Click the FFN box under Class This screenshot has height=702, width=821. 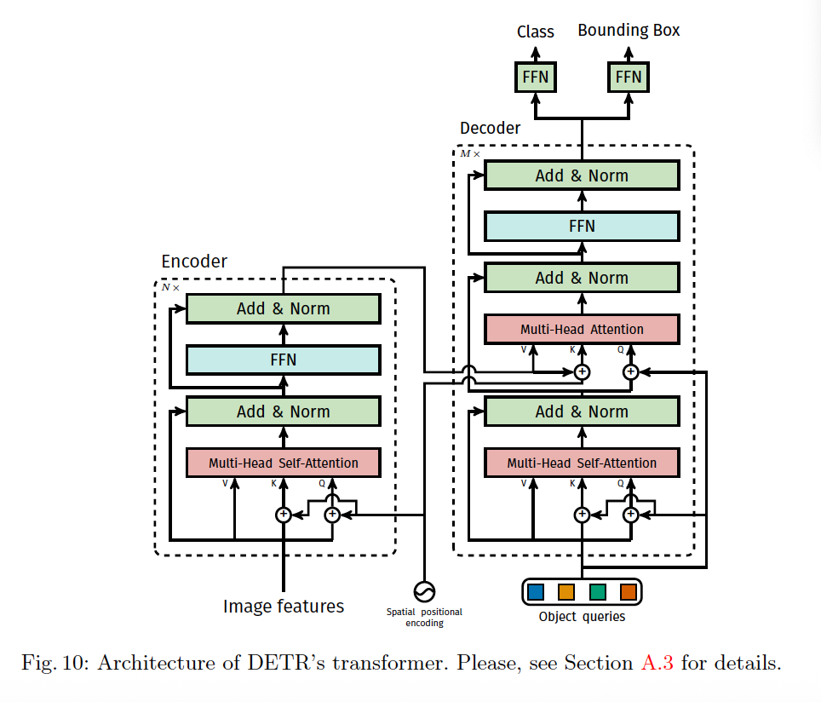(535, 77)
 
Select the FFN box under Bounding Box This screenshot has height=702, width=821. (629, 77)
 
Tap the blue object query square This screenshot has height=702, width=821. (536, 592)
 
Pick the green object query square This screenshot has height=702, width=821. (597, 592)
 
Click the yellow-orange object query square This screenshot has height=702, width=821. (566, 592)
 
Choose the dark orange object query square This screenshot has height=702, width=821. (629, 592)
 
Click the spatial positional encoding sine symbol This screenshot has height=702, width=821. (424, 592)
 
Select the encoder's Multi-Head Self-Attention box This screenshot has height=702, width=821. (284, 463)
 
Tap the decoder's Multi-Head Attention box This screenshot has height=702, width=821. (582, 329)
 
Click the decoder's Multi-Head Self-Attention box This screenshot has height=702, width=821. (582, 463)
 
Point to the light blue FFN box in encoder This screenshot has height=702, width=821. (284, 360)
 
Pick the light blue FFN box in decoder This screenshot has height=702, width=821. (582, 227)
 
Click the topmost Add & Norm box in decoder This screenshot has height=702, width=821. (582, 175)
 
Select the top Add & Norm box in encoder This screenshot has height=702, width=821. (284, 308)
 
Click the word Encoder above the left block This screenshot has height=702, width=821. (194, 261)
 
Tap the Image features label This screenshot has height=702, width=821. (284, 606)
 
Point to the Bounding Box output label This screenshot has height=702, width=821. (629, 31)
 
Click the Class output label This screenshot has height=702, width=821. (535, 32)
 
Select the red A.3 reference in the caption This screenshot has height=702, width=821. (657, 663)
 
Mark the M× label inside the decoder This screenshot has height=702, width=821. (469, 153)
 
